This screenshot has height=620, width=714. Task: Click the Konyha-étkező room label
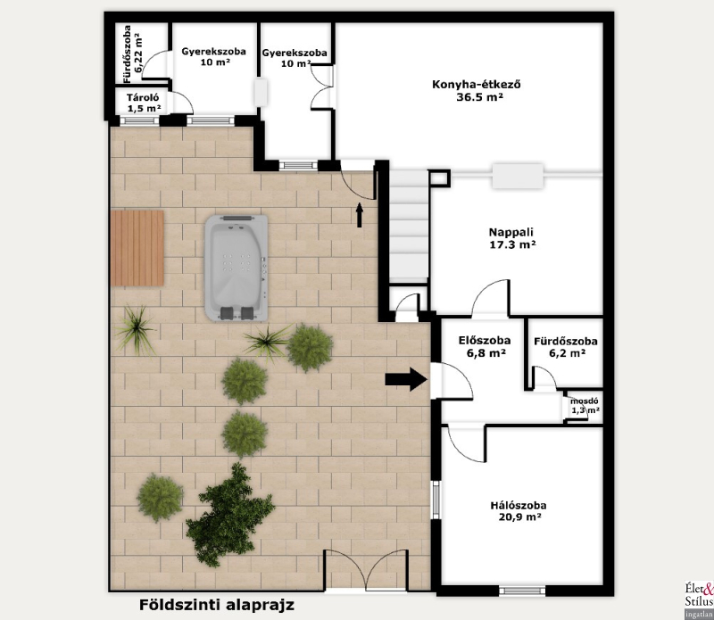pos(477,90)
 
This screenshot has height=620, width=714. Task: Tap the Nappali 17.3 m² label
pos(511,238)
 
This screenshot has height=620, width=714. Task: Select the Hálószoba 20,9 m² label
pos(519,511)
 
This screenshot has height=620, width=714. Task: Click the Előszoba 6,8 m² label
pos(484,346)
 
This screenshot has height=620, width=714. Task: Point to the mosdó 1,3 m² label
pos(585,406)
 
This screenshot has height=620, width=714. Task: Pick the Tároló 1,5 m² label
pos(144,103)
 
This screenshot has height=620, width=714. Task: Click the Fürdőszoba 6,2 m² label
pos(566,347)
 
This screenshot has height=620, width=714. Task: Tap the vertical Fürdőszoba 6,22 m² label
pos(133,54)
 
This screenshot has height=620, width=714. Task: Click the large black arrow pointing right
pos(406,379)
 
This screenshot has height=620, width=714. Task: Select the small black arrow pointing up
pos(360,215)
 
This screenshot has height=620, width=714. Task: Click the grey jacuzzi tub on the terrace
pos(236,268)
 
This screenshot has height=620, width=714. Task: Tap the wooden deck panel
pos(137,248)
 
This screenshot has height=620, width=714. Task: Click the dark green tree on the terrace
pos(229,517)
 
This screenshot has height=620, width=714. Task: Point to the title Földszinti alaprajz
pos(217,605)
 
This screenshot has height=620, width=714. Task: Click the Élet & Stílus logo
pos(699,600)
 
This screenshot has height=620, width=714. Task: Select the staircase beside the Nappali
pos(409,225)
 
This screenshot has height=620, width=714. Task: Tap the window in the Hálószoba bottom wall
pos(522,591)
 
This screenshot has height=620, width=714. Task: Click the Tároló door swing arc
pos(184,101)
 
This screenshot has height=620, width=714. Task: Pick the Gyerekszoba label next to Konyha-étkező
pos(295,58)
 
